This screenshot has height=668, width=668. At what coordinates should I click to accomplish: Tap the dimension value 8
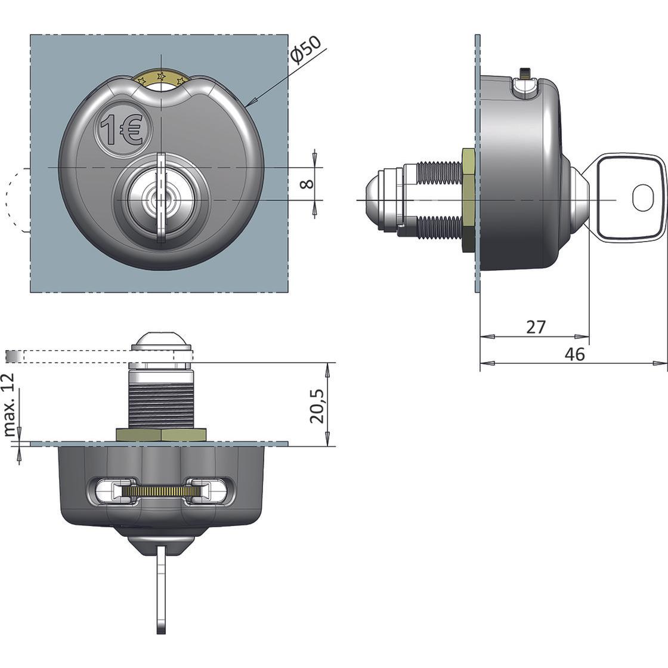(x=307, y=183)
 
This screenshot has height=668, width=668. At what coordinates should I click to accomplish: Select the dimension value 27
(x=536, y=327)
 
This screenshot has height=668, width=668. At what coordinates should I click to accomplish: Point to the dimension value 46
(x=574, y=354)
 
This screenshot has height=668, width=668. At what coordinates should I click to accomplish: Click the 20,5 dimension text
(x=317, y=406)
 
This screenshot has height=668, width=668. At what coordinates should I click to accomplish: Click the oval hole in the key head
(x=643, y=197)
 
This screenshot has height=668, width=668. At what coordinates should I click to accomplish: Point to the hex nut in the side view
(x=468, y=200)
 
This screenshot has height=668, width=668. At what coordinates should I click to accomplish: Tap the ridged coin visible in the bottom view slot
(x=160, y=491)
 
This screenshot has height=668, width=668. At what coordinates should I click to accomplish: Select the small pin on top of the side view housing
(x=525, y=73)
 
